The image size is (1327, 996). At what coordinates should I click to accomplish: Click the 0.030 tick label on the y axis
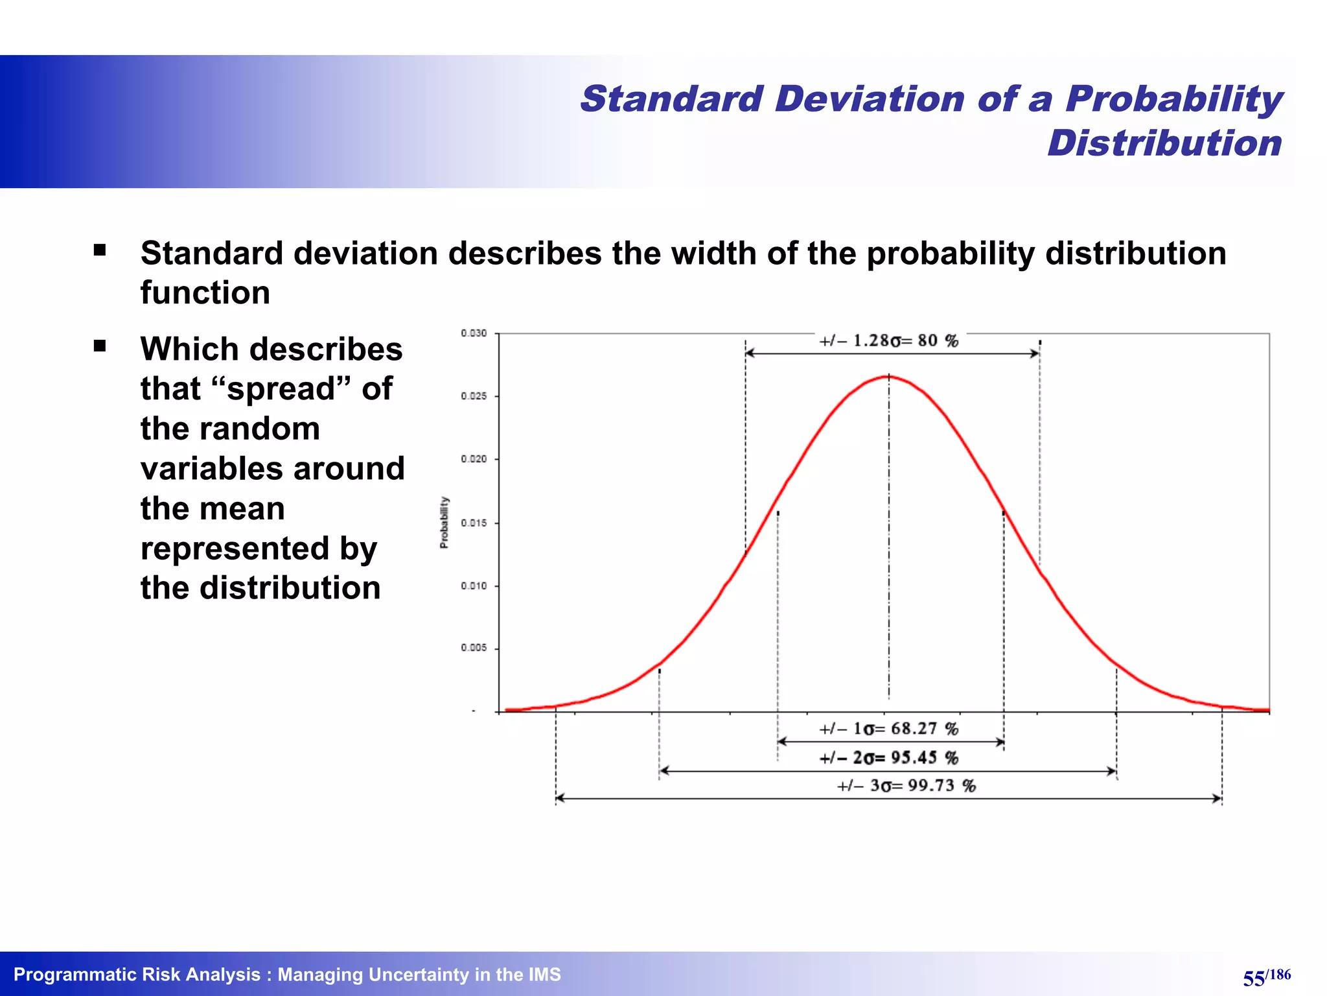(x=474, y=333)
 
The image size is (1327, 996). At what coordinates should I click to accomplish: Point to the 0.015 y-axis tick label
(x=474, y=523)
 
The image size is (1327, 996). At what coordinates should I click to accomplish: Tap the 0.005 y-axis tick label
(x=474, y=648)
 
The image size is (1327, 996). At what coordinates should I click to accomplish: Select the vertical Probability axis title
(x=444, y=523)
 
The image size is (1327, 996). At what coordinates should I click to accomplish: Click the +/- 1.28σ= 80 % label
(x=888, y=341)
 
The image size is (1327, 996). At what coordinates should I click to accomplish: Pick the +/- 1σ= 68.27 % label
(x=888, y=729)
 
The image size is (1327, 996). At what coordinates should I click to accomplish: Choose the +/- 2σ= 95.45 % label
(x=888, y=757)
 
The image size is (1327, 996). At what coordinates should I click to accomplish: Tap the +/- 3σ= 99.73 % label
(x=906, y=786)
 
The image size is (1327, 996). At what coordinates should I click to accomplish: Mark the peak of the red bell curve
(x=888, y=376)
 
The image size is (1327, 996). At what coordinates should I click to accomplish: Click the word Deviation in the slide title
(x=870, y=99)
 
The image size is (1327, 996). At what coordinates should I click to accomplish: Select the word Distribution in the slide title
(x=1164, y=143)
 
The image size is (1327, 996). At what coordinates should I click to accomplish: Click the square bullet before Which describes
(x=100, y=346)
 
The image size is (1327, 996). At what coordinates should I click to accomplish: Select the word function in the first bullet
(x=205, y=292)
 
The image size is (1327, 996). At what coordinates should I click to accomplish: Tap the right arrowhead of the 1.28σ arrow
(x=1035, y=353)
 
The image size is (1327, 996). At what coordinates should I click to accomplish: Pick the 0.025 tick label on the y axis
(x=474, y=396)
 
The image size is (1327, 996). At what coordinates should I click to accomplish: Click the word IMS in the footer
(x=544, y=975)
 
